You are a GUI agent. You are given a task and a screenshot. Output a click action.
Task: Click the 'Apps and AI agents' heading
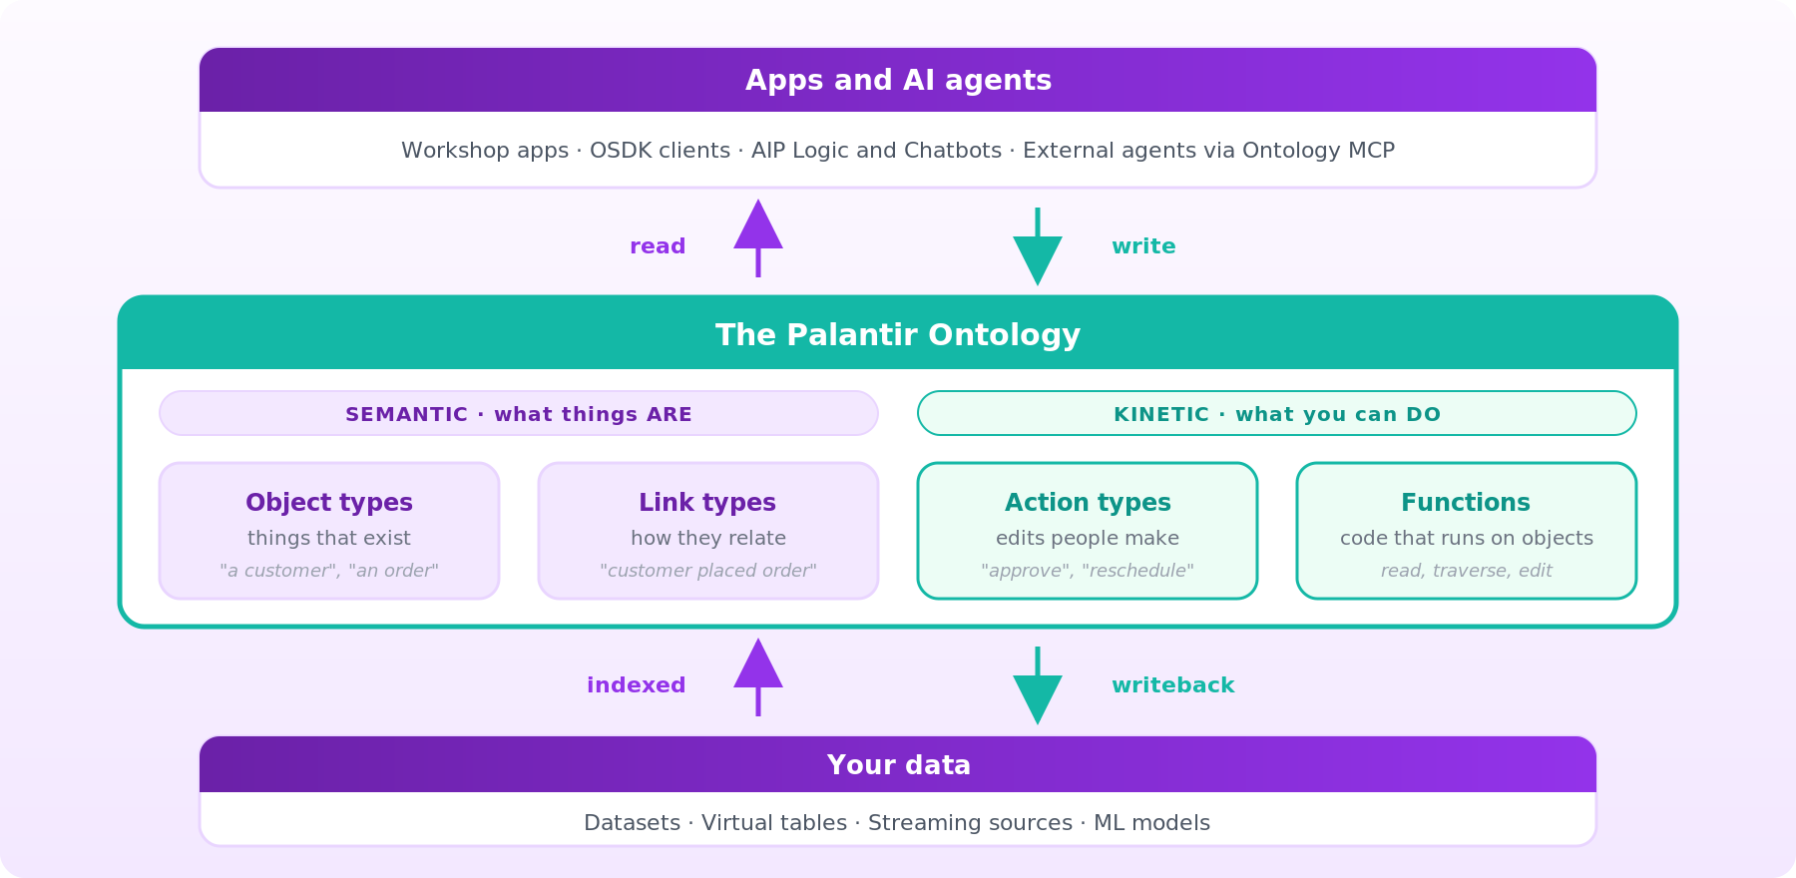pos(898,81)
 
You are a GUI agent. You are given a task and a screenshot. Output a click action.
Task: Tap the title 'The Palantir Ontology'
pos(898,335)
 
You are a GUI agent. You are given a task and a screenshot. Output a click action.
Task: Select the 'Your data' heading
pos(898,765)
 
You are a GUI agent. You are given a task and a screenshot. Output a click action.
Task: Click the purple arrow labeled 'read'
pos(758,237)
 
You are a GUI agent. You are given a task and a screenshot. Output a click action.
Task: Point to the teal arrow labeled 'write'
pos(1038,246)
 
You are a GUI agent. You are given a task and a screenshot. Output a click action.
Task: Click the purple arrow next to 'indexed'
pos(758,676)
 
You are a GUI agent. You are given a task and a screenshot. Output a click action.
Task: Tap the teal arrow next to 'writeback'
pos(1038,685)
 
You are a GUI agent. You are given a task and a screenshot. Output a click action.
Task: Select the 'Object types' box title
pos(329,503)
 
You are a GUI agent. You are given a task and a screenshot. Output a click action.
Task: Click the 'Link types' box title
pos(707,503)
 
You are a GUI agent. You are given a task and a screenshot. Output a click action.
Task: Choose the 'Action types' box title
pos(1088,503)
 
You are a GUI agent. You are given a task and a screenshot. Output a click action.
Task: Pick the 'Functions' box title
pos(1466,503)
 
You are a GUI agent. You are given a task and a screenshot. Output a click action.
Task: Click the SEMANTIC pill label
pos(519,414)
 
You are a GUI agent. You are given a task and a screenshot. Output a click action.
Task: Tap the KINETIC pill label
pos(1277,414)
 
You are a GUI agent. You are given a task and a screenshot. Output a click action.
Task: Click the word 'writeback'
pos(1173,685)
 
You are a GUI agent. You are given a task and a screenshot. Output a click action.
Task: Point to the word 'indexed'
pos(637,685)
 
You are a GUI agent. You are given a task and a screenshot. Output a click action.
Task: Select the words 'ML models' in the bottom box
pos(1151,823)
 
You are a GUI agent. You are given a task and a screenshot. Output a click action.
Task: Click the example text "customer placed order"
pos(708,571)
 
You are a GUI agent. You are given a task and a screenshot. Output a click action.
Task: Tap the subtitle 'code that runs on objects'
pos(1467,539)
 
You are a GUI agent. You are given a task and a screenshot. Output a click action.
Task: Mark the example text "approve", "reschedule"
pos(1088,571)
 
